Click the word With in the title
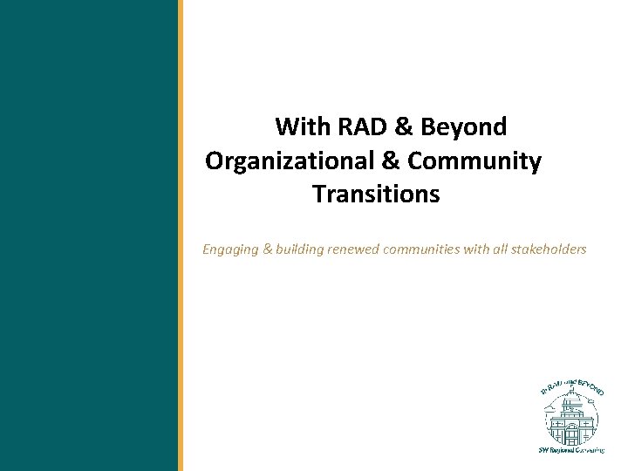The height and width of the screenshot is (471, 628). coord(299,127)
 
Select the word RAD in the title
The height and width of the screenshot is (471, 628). coord(358,127)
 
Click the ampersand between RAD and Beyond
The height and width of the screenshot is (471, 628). coord(403,127)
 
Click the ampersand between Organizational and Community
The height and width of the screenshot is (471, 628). coord(393,161)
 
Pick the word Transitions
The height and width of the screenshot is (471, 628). coord(376,194)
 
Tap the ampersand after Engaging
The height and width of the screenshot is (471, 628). coord(266,250)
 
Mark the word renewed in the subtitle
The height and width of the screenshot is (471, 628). coord(357,250)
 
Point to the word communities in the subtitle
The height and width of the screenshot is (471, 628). coord(426,250)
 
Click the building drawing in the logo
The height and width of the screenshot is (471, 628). coord(571,420)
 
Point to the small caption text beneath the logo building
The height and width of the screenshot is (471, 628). coord(571,450)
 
